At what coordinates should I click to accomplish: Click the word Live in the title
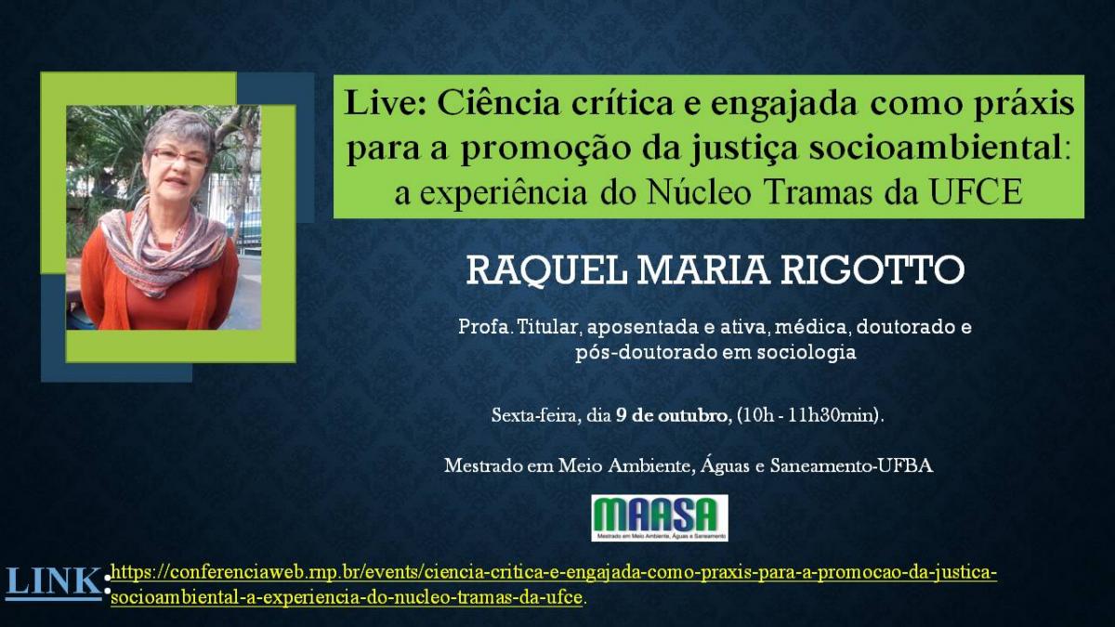(385, 103)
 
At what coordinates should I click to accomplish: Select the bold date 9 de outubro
(674, 415)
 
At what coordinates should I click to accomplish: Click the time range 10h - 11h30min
(809, 415)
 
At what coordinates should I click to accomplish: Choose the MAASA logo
(660, 517)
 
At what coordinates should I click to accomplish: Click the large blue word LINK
(53, 581)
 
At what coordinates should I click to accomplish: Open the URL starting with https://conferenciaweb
(554, 584)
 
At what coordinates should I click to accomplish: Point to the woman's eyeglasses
(179, 156)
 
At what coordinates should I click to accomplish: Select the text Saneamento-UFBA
(852, 465)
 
